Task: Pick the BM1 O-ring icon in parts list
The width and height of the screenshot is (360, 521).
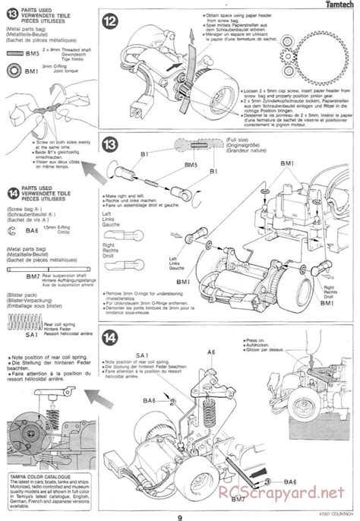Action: (14, 71)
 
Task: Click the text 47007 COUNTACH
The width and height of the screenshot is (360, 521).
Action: (335, 511)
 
